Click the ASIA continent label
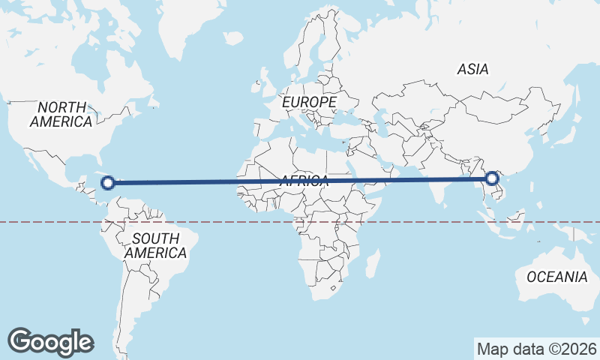(x=472, y=69)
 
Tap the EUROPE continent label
(x=310, y=101)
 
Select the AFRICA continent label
(x=304, y=181)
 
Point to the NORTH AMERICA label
(x=63, y=114)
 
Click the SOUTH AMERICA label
(x=155, y=246)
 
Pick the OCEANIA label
(x=556, y=277)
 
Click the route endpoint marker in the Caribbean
(x=108, y=181)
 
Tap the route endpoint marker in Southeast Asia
(x=491, y=178)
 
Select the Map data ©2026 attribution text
(x=536, y=349)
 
